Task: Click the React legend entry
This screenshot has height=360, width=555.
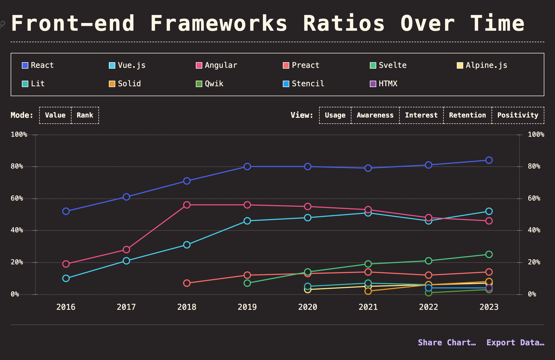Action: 38,65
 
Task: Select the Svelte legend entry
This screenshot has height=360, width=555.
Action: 388,65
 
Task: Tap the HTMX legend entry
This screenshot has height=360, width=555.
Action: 384,84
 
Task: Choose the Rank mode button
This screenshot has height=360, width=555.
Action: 85,115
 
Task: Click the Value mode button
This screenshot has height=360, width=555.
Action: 55,115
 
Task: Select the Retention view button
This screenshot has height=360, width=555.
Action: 467,115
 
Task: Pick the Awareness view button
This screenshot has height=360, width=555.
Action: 375,115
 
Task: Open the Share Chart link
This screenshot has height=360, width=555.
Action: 447,343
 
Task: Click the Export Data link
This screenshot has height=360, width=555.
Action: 515,343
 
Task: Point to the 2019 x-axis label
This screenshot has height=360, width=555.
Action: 247,307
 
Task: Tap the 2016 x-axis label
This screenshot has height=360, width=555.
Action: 66,307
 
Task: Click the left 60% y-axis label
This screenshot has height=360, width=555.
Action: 17,198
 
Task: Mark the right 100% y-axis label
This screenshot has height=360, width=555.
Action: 536,135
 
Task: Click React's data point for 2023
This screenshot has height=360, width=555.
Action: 489,160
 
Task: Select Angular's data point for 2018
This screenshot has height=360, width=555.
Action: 187,205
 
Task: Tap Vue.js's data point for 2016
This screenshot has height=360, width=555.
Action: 66,278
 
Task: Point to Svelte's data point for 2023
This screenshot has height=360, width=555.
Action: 489,254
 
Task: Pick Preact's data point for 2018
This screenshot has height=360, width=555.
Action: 187,283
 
